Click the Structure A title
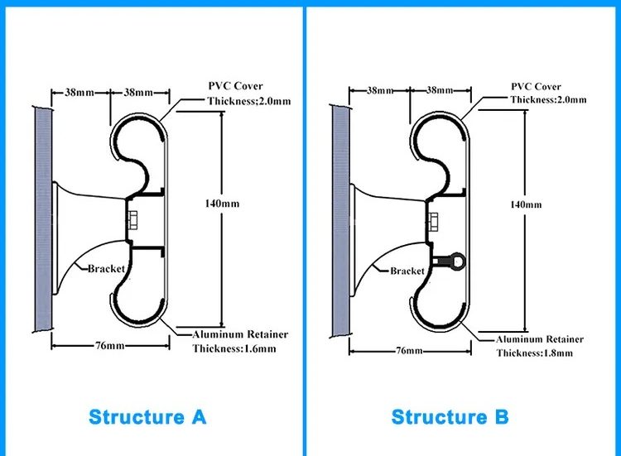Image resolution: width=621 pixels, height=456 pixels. tap(147, 415)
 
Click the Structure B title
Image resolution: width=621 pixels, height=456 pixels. tap(450, 415)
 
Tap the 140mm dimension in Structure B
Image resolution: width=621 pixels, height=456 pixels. tap(526, 204)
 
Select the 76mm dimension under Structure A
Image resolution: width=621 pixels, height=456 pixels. tap(109, 346)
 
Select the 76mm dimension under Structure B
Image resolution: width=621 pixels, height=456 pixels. tap(409, 351)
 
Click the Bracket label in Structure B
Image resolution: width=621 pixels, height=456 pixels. tap(407, 271)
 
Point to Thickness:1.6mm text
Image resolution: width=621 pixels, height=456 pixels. tap(234, 348)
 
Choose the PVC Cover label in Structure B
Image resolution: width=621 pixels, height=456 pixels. tap(536, 86)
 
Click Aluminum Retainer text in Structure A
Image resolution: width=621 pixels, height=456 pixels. tap(240, 334)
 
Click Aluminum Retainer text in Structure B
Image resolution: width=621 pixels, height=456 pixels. tap(540, 339)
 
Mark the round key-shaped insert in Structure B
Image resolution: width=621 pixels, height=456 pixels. tap(454, 263)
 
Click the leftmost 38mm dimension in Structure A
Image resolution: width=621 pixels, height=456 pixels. tap(79, 93)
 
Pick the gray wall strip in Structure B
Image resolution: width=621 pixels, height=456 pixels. tap(341, 218)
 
